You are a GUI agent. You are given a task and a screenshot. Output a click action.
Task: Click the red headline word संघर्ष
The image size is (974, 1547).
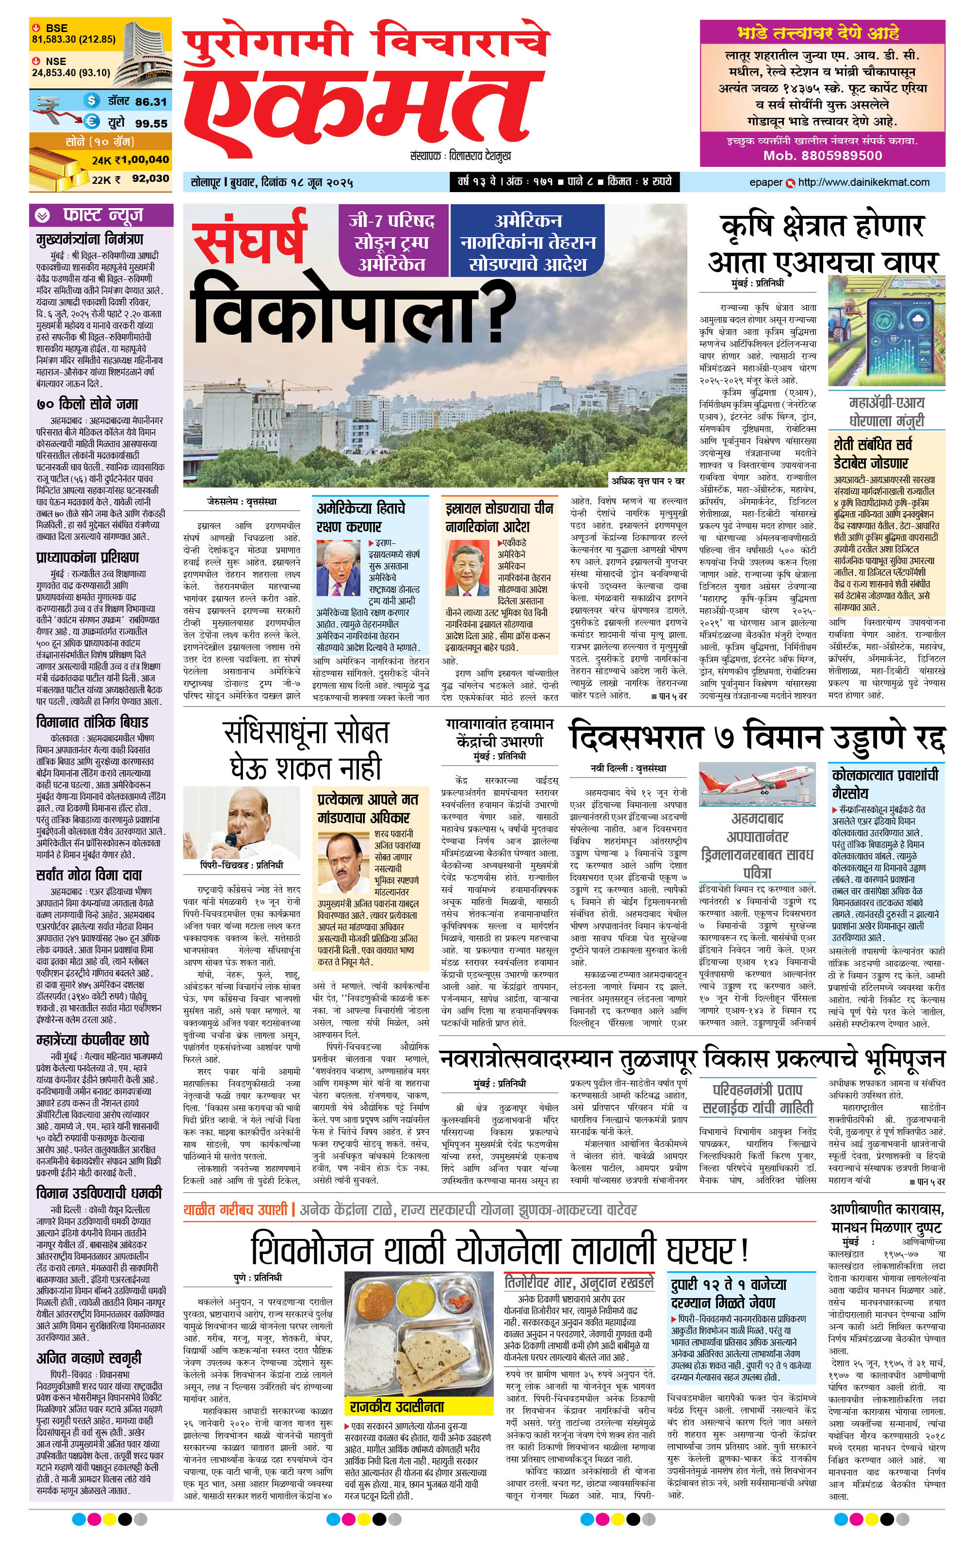(249, 238)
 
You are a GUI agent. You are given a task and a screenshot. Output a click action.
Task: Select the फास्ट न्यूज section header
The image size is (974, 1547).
(103, 214)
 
